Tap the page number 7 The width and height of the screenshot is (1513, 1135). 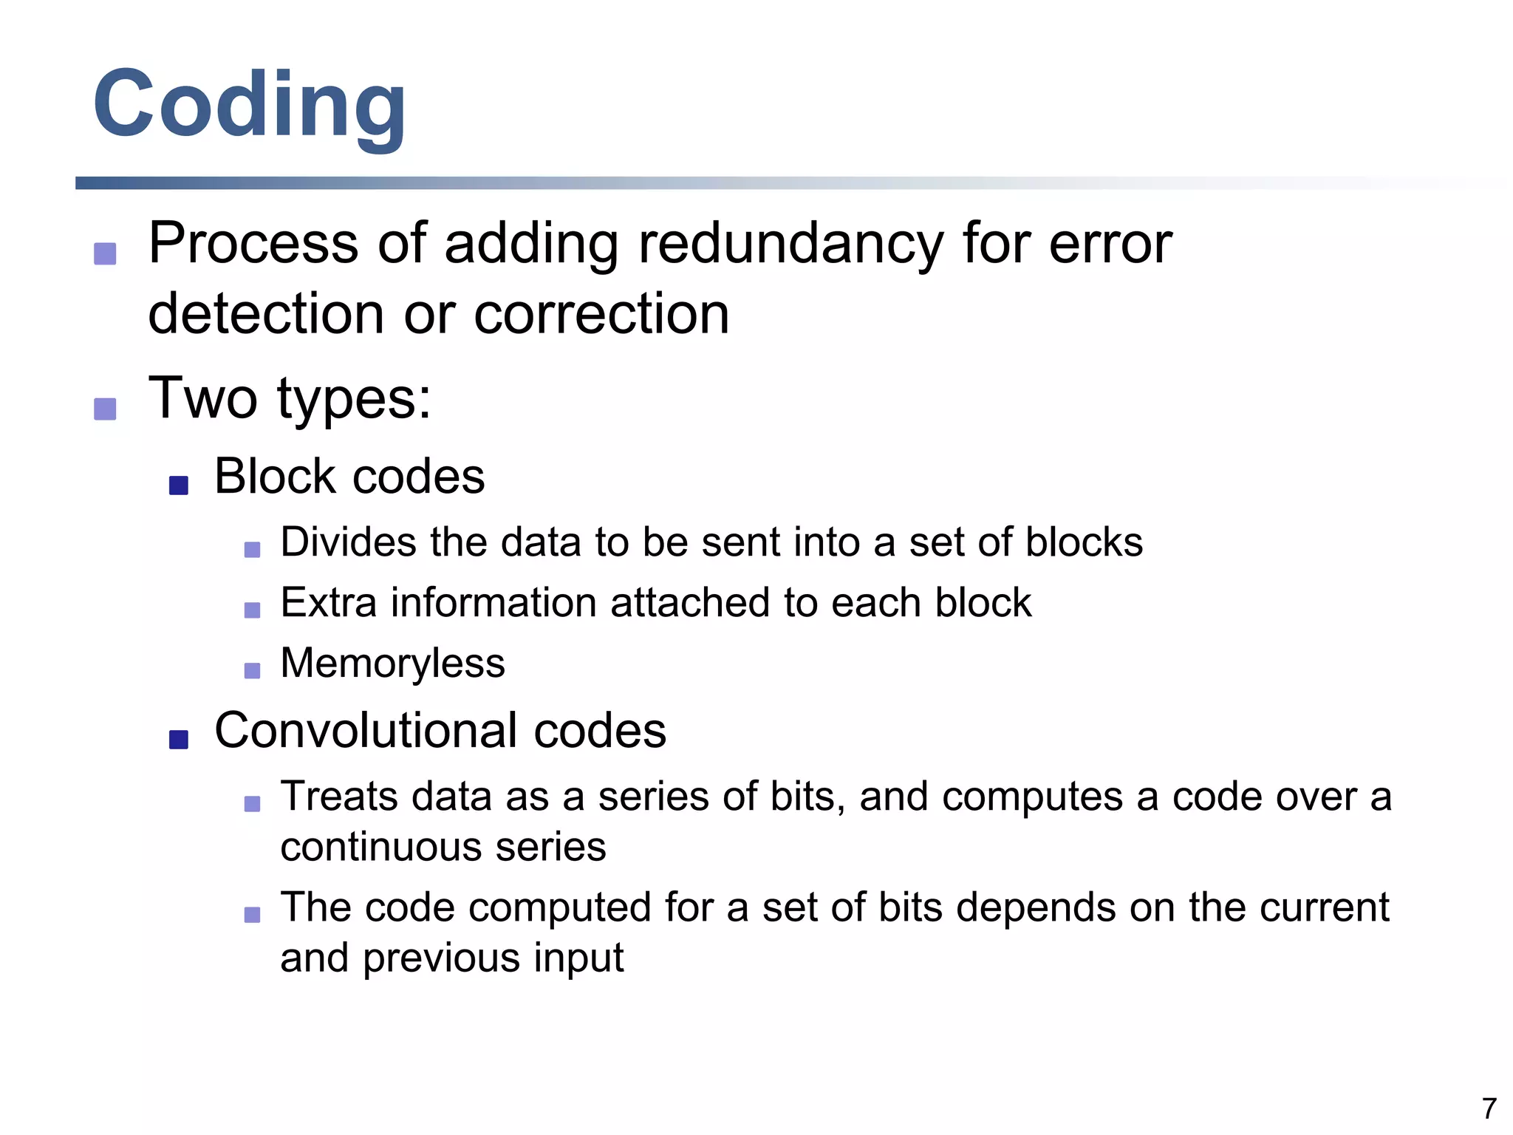click(x=1489, y=1108)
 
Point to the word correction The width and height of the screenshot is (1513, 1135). click(x=601, y=314)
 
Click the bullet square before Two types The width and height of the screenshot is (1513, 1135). click(x=105, y=409)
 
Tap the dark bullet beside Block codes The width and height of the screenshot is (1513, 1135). click(x=179, y=485)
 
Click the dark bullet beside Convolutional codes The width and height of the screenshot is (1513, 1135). click(x=179, y=740)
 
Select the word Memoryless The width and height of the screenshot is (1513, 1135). click(x=392, y=663)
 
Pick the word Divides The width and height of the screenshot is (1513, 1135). click(x=349, y=542)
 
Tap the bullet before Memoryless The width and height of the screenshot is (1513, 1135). click(x=252, y=670)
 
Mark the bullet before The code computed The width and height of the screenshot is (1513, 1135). click(x=252, y=915)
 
